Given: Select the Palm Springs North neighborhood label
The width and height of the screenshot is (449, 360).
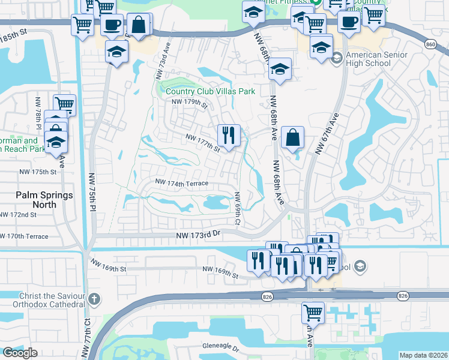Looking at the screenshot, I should (x=44, y=200).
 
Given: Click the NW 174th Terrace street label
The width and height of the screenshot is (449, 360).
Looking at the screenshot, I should (x=181, y=182).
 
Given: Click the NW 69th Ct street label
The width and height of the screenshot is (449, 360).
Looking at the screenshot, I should (x=238, y=209).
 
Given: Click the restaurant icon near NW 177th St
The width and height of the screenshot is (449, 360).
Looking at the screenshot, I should (x=228, y=135).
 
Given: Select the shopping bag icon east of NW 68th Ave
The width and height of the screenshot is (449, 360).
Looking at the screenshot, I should (x=292, y=137).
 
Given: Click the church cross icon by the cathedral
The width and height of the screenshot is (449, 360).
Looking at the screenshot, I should (x=94, y=299).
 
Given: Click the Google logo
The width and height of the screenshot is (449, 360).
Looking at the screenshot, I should (x=20, y=353).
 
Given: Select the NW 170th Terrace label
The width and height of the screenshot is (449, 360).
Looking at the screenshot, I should (x=25, y=236).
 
